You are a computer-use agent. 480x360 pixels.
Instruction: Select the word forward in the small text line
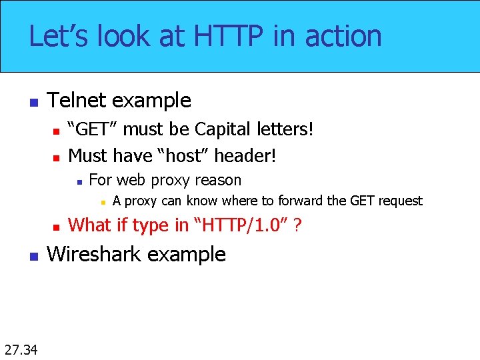click(x=300, y=201)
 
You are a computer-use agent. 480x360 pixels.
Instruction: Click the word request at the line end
click(x=399, y=201)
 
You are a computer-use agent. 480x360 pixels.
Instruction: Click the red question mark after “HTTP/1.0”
click(x=297, y=225)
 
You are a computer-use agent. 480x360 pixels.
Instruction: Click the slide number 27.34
click(x=21, y=349)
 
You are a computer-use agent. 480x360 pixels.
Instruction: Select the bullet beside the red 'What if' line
click(x=57, y=227)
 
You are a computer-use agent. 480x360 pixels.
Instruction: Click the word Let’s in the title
click(x=61, y=36)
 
